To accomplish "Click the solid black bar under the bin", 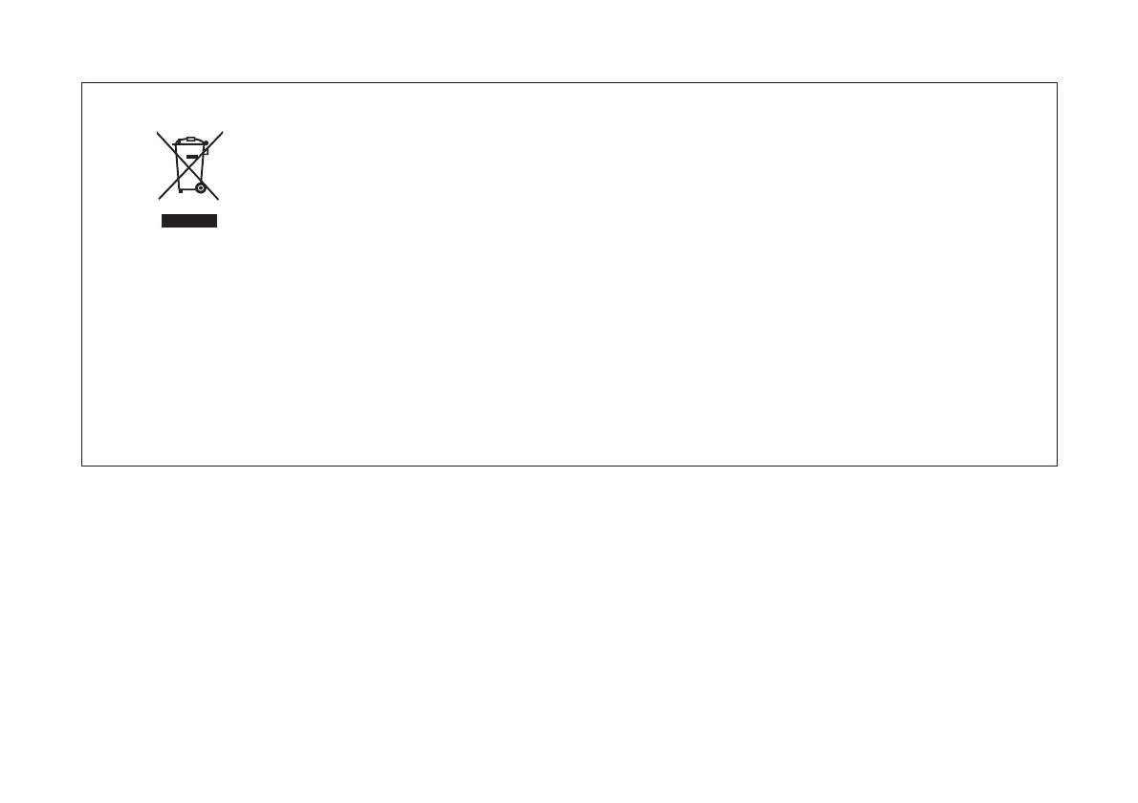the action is (189, 221).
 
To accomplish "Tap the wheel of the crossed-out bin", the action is (200, 187).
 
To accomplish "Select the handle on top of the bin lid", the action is (189, 140).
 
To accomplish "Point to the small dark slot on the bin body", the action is (192, 155).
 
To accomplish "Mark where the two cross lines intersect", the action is (189, 165).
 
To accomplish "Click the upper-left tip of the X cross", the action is (158, 132).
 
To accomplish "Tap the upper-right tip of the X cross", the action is (222, 132).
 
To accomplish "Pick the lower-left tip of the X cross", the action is (159, 198).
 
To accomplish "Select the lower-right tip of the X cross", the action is (219, 199).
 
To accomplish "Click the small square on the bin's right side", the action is (205, 151).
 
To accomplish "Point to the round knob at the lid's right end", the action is (206, 142).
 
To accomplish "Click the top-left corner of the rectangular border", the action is (82, 83).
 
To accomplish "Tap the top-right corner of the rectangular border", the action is (1057, 83).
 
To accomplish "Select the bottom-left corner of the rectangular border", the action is (82, 466).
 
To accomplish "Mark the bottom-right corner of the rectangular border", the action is (1057, 466).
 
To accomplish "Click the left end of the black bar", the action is (163, 221).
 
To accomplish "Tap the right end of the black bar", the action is (217, 221).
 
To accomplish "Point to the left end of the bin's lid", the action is (173, 144).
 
